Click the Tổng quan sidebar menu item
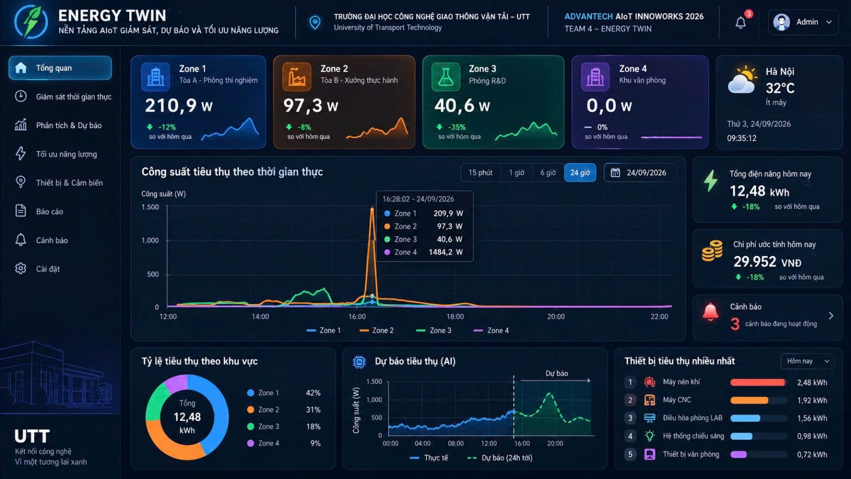[x=60, y=68]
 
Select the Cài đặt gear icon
[x=21, y=269]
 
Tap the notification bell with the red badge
[x=741, y=22]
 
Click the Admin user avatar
[x=781, y=22]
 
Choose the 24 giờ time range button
[x=580, y=172]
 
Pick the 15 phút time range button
[x=480, y=172]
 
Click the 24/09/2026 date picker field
[x=640, y=172]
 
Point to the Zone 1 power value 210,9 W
[x=179, y=106]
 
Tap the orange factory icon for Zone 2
[x=296, y=77]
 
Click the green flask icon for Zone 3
[x=446, y=77]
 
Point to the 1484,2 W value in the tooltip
[x=446, y=252]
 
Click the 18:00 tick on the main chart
[x=455, y=316]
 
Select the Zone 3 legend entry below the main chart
[x=433, y=331]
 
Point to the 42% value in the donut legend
[x=313, y=393]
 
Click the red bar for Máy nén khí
[x=757, y=382]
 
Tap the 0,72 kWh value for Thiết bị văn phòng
[x=812, y=455]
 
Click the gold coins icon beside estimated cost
[x=712, y=251]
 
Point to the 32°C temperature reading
[x=780, y=88]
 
